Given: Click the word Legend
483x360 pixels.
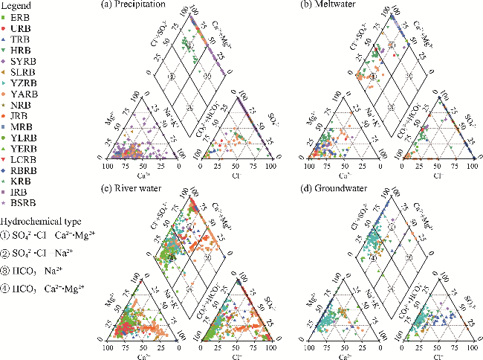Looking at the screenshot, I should click(x=16, y=5).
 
